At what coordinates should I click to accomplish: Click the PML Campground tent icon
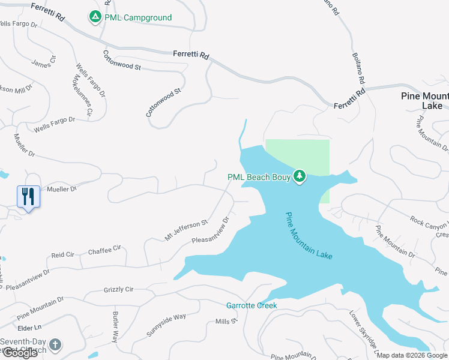coord(95,17)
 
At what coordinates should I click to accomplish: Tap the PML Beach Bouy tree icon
coord(300,176)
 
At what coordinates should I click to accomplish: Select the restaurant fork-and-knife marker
coord(28,196)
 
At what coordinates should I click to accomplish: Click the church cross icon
coord(55,344)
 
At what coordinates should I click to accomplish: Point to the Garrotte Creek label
coord(252,305)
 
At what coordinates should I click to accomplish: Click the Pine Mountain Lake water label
coord(309,236)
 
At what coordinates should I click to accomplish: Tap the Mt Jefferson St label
coord(186,230)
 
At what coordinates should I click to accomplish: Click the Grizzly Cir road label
coord(118,289)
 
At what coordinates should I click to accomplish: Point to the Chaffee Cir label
coord(104,249)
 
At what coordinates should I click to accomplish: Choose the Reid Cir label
coord(62,254)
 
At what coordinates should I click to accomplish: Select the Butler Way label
coord(115,327)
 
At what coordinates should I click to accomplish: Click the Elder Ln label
coord(29,328)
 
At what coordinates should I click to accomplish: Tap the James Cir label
coord(43,62)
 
